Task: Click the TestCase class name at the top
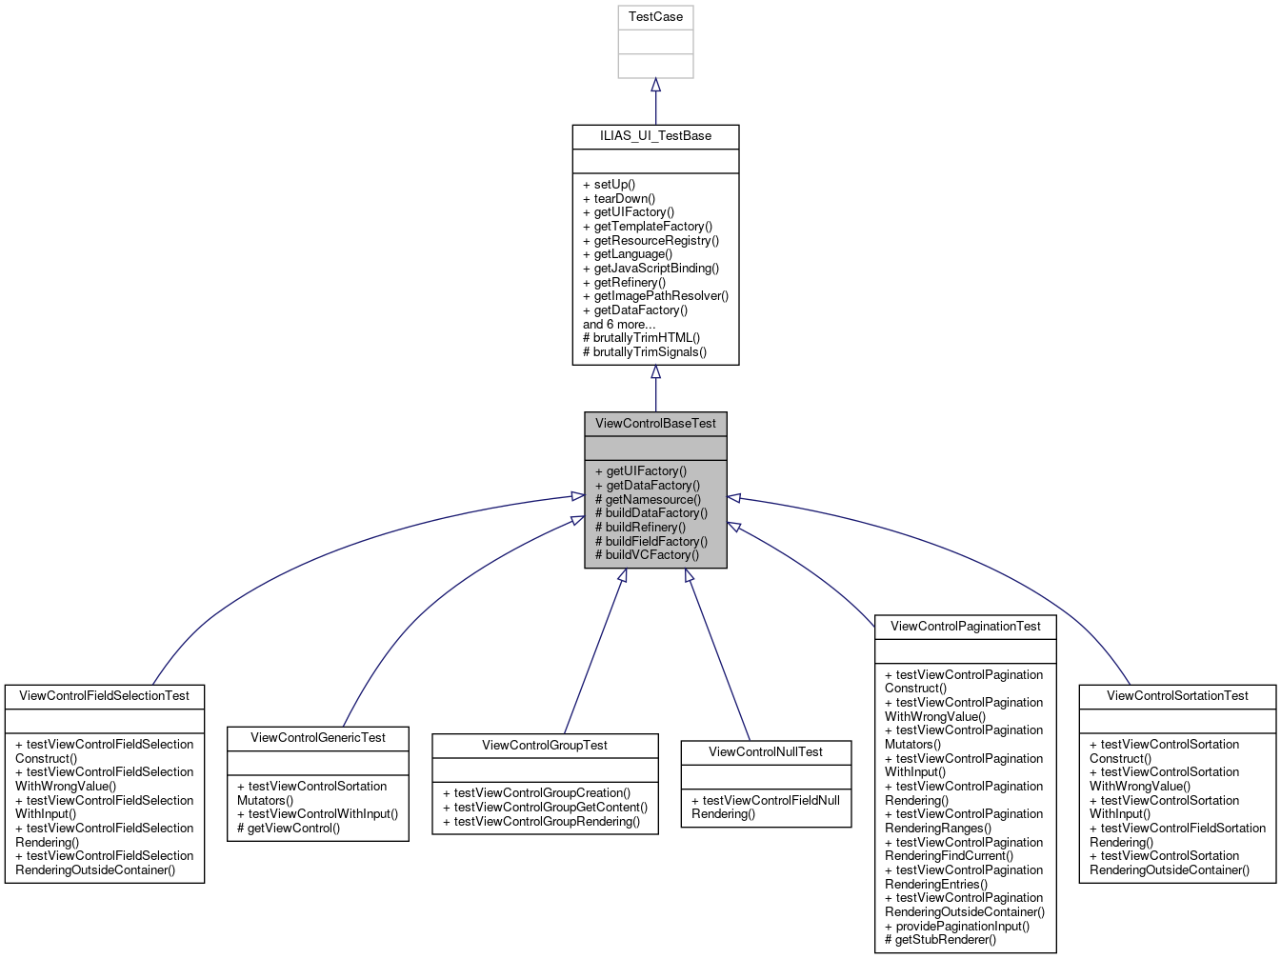[655, 17]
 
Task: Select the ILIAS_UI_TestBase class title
[655, 136]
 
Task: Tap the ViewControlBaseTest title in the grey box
[655, 424]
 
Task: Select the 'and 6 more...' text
[619, 324]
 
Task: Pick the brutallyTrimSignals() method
[645, 352]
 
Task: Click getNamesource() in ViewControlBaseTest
[648, 499]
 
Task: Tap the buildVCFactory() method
[647, 555]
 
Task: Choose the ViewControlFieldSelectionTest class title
[105, 696]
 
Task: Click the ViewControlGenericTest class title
[318, 738]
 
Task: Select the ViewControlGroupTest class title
[545, 746]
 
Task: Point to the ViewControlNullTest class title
[766, 752]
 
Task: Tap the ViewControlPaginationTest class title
[966, 627]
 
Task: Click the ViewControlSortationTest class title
[1177, 696]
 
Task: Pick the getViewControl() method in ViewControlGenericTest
[289, 829]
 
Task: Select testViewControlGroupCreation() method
[536, 793]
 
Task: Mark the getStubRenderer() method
[940, 940]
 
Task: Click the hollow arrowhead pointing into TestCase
[655, 86]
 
